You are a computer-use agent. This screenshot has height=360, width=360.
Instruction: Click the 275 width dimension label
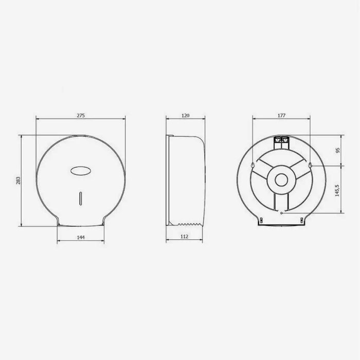tap(81, 116)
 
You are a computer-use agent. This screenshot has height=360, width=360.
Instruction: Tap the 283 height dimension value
tap(19, 181)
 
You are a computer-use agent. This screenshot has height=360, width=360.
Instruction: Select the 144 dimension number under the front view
tap(81, 237)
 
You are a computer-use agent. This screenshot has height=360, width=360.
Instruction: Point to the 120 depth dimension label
tap(186, 116)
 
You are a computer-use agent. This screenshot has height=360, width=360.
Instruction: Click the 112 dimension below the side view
tap(185, 237)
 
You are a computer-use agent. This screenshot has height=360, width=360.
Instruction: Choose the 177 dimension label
tap(281, 116)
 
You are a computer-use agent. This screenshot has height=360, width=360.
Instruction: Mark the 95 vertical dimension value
tap(338, 150)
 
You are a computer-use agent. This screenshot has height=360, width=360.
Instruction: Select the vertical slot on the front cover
tap(81, 198)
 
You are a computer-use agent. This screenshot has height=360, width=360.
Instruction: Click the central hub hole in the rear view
tap(281, 180)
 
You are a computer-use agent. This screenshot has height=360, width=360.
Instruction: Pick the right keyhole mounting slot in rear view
tap(312, 166)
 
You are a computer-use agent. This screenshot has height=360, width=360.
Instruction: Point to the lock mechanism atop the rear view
tap(281, 140)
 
